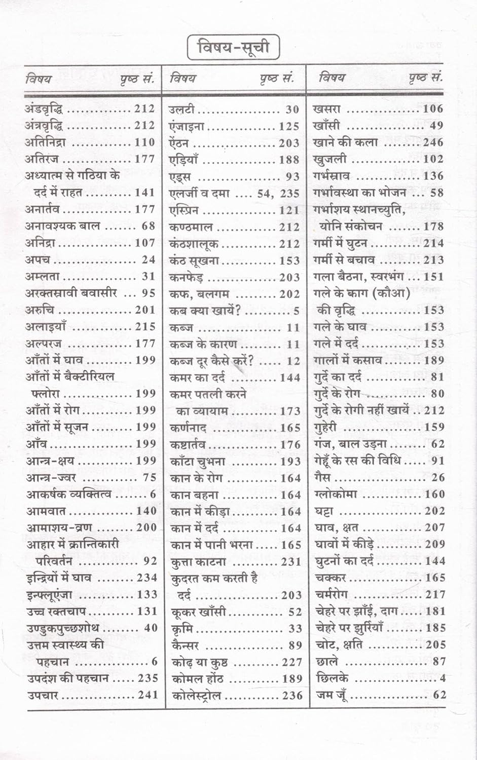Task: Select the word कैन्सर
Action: click(x=186, y=645)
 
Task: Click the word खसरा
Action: click(x=327, y=108)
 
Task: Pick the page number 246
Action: click(x=433, y=142)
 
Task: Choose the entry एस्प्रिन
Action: click(x=184, y=210)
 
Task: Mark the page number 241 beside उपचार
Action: click(x=148, y=695)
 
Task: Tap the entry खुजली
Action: click(x=330, y=159)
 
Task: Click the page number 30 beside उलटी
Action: click(x=292, y=109)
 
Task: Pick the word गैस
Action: click(x=322, y=477)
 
